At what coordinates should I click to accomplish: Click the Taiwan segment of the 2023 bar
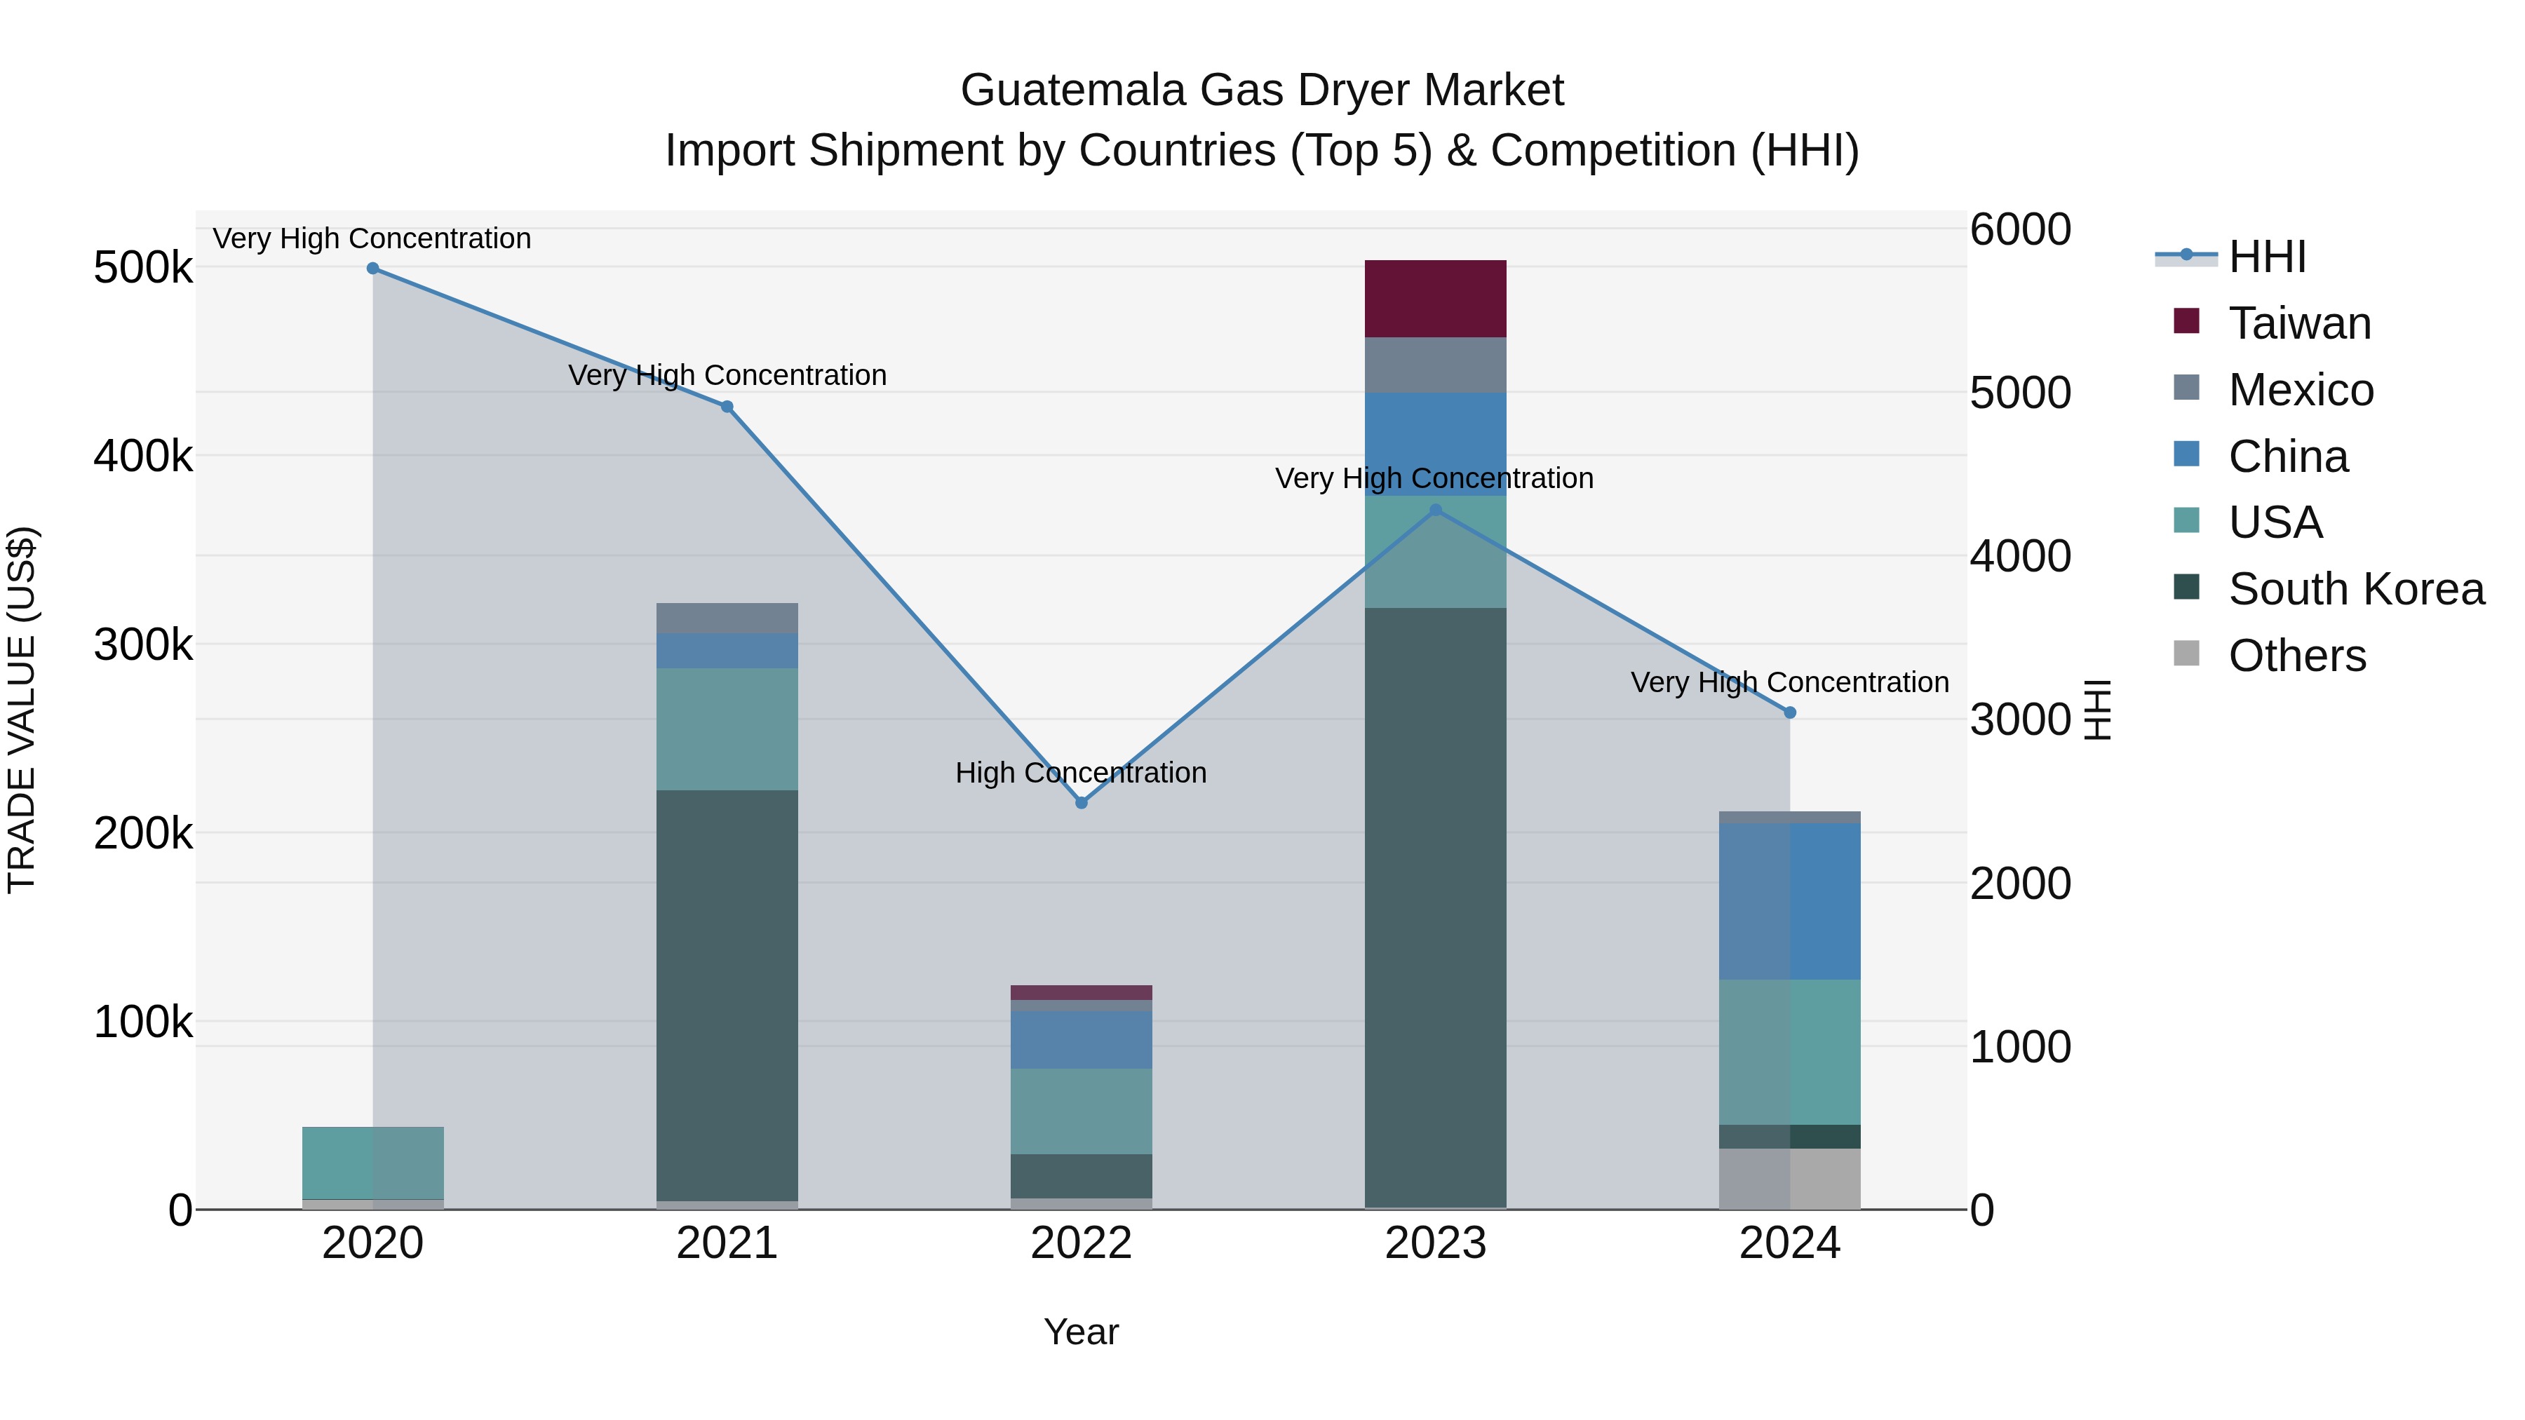(1435, 299)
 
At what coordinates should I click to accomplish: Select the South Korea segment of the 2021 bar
(727, 994)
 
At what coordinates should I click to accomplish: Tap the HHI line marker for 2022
(1081, 803)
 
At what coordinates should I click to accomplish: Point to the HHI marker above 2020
(372, 269)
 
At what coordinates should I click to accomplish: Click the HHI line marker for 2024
(1790, 712)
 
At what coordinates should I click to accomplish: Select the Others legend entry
(2296, 656)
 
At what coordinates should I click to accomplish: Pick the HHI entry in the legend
(2266, 257)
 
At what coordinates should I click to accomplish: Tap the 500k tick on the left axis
(143, 268)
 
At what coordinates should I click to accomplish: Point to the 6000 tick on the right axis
(2020, 230)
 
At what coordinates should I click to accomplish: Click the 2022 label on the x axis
(1081, 1243)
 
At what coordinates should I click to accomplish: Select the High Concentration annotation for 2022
(1081, 773)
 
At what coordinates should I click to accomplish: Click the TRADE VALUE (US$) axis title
(22, 710)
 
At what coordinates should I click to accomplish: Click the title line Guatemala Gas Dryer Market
(1262, 90)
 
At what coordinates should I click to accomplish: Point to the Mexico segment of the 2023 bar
(1435, 365)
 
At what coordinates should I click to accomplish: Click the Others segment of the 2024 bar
(1790, 1178)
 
